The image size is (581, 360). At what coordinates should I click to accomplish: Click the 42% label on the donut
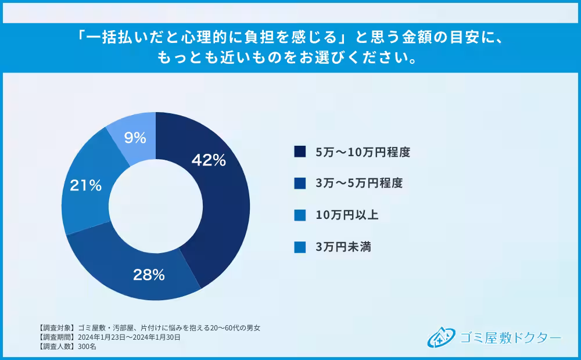coord(209,161)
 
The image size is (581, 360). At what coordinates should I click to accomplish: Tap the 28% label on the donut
coord(148,275)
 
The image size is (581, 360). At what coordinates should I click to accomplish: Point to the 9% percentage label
coord(135,138)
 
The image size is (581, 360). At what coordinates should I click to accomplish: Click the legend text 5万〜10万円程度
coord(363,152)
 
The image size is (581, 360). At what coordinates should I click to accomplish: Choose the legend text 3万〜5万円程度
coord(358,183)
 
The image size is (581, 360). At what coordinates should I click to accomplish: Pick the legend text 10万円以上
coord(347,215)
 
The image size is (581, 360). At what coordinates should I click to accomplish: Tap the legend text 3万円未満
coord(343,247)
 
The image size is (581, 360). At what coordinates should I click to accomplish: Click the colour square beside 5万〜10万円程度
coord(300,152)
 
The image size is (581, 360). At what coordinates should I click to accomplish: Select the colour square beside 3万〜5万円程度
coord(300,183)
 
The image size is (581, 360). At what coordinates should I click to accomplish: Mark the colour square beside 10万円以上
coord(300,215)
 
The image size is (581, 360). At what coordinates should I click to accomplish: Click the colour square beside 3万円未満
coord(300,247)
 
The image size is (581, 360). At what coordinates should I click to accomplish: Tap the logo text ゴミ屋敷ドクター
coord(510,337)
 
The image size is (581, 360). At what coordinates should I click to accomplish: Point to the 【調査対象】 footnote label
coord(55,328)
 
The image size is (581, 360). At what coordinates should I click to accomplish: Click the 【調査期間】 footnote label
coord(55,337)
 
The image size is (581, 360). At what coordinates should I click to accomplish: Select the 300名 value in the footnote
coord(87,346)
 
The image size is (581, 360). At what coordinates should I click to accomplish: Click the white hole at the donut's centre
coord(156,206)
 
